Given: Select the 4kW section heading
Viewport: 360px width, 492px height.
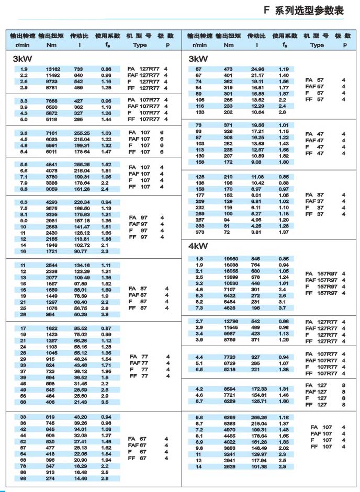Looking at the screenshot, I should [x=198, y=246].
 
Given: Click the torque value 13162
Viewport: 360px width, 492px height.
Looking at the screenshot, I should [x=53, y=69].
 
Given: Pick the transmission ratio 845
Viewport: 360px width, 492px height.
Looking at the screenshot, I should [x=256, y=259].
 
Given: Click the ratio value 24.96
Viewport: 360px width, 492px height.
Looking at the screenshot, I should [x=257, y=69].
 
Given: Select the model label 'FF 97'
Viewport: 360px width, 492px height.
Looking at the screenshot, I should [x=140, y=237].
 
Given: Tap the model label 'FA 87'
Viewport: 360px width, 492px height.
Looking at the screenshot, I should [x=139, y=289].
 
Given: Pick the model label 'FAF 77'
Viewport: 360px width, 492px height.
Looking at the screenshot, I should [x=139, y=363].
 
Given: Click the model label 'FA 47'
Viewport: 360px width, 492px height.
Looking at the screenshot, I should [x=314, y=134].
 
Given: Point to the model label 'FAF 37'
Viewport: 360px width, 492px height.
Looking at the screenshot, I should [x=314, y=201].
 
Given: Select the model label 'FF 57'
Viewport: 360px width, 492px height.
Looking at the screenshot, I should [x=314, y=99].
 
